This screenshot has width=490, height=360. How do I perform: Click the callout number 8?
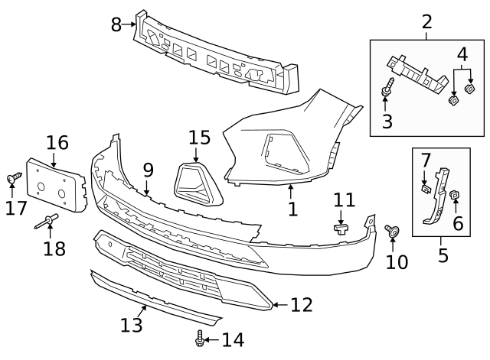point(116,24)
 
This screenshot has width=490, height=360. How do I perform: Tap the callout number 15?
point(199,138)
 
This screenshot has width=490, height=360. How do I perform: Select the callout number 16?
point(57,143)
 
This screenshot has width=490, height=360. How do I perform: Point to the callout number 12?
point(302,305)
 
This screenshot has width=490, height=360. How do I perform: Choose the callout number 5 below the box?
point(443,255)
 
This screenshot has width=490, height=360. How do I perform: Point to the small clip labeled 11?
point(341,226)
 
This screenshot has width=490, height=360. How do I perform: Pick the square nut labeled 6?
point(454,196)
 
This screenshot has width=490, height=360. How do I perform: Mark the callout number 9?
point(148,170)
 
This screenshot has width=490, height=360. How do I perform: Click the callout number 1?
point(292,208)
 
